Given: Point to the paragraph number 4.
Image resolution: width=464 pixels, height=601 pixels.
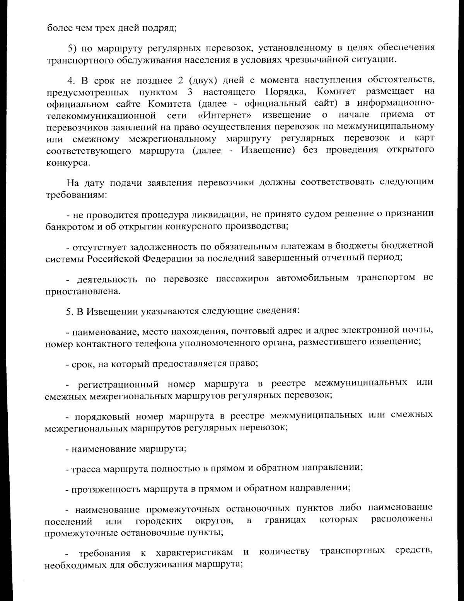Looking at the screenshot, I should coord(70,80).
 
